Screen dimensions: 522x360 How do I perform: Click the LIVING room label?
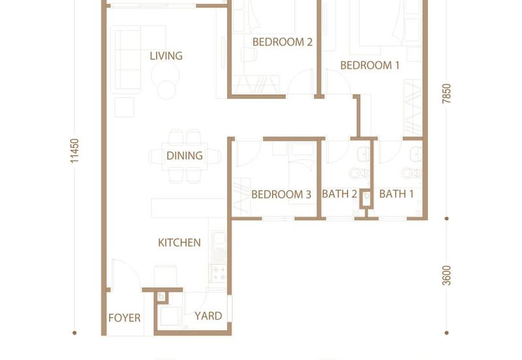pyautogui.click(x=166, y=55)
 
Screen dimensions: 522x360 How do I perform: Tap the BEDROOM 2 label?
pyautogui.click(x=283, y=42)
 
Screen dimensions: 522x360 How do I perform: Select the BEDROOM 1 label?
pyautogui.click(x=369, y=65)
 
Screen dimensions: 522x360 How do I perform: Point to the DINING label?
pyautogui.click(x=185, y=155)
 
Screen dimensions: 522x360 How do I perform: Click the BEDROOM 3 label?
pyautogui.click(x=281, y=194)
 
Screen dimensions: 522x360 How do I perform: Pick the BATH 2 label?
pyautogui.click(x=339, y=194)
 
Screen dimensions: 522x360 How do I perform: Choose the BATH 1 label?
pyautogui.click(x=396, y=194)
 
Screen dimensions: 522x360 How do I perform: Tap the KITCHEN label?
pyautogui.click(x=179, y=243)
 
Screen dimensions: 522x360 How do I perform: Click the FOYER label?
pyautogui.click(x=124, y=318)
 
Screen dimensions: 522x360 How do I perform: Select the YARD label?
pyautogui.click(x=208, y=316)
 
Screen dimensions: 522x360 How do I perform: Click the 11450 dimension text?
pyautogui.click(x=74, y=151)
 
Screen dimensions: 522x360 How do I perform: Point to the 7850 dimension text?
pyautogui.click(x=446, y=93)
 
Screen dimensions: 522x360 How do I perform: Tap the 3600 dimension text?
pyautogui.click(x=447, y=275)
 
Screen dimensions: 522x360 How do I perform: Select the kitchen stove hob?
pyautogui.click(x=219, y=273)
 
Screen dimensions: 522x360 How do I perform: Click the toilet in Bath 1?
pyautogui.click(x=412, y=173)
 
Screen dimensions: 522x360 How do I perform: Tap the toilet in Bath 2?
pyautogui.click(x=359, y=173)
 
